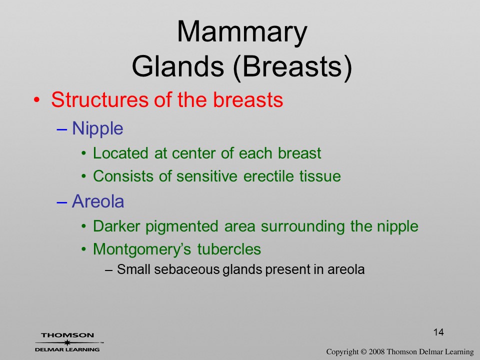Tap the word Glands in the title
(178, 66)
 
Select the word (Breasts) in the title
(292, 67)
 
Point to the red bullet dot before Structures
(36, 100)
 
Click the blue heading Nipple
(97, 128)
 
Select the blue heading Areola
(98, 201)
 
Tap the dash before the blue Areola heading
(61, 202)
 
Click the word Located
(120, 153)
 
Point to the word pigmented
(181, 227)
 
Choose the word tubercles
(229, 249)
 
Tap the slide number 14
(438, 332)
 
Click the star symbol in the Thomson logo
(67, 342)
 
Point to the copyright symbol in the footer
(363, 351)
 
